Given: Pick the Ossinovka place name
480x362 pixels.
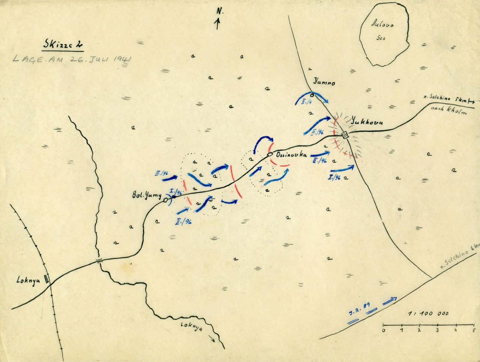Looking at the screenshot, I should point(287,155).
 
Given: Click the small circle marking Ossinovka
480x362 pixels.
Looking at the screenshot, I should point(270,154).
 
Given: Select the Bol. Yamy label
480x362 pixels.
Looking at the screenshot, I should point(147,196).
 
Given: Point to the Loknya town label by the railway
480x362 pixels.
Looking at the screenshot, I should point(28,281).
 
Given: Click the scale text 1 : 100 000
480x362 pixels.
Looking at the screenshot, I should point(428,313).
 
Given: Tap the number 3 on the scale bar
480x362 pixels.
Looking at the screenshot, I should point(437,331).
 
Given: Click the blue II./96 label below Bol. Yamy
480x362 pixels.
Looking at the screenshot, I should point(184,222).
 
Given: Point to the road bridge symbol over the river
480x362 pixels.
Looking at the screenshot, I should point(99,261).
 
